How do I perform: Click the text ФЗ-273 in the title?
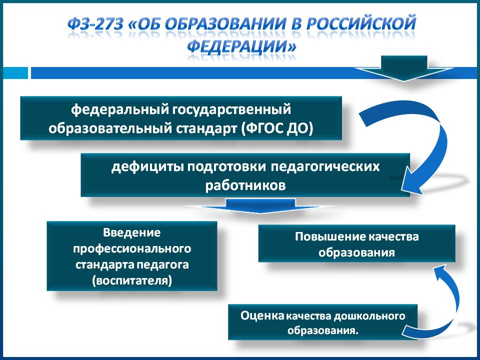click(95, 24)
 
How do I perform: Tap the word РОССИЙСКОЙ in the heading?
click(361, 24)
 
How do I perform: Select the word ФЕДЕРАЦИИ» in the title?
click(242, 47)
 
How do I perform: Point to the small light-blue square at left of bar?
click(15, 73)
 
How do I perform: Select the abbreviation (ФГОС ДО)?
click(277, 128)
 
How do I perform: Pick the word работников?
click(245, 185)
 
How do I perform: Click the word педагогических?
click(325, 167)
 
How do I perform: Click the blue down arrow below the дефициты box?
click(260, 205)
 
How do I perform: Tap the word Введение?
click(132, 232)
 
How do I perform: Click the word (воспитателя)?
click(132, 280)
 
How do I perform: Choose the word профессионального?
click(132, 248)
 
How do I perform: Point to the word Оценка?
click(262, 315)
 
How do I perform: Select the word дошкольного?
click(369, 316)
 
